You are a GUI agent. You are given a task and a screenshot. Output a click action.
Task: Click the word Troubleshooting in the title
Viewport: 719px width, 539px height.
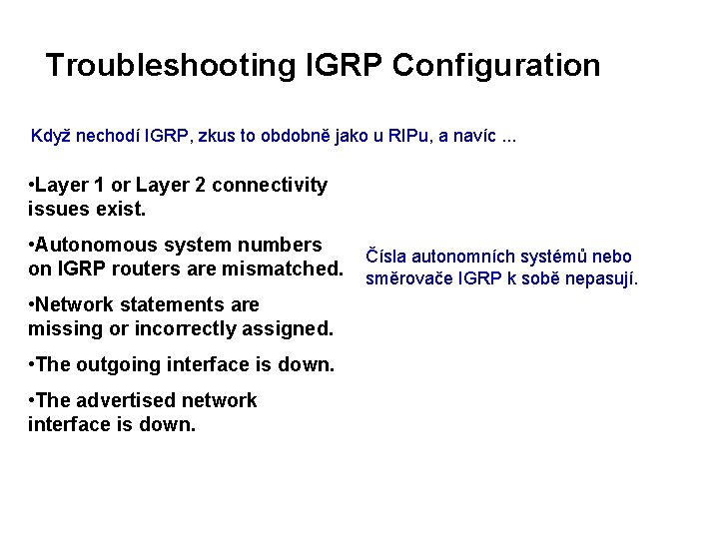(x=166, y=66)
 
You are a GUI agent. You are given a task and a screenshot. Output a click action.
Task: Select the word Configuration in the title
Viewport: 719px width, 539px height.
(x=496, y=66)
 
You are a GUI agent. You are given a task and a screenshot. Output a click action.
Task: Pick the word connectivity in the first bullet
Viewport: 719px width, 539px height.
(x=270, y=185)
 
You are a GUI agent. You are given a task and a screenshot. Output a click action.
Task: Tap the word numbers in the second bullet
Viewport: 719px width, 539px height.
(x=282, y=245)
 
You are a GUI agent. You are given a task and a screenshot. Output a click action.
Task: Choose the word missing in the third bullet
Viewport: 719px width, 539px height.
(x=63, y=328)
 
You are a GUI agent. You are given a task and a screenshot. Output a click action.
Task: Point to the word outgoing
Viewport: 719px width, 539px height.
(x=130, y=364)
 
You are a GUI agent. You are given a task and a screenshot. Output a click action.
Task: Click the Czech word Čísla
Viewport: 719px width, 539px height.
(x=388, y=257)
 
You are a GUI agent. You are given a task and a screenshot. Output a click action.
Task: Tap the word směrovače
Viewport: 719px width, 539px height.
(x=408, y=278)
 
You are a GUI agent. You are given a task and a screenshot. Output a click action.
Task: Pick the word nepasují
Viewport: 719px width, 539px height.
(x=601, y=278)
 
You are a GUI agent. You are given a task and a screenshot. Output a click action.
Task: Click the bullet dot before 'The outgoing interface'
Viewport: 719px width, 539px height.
(x=33, y=364)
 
